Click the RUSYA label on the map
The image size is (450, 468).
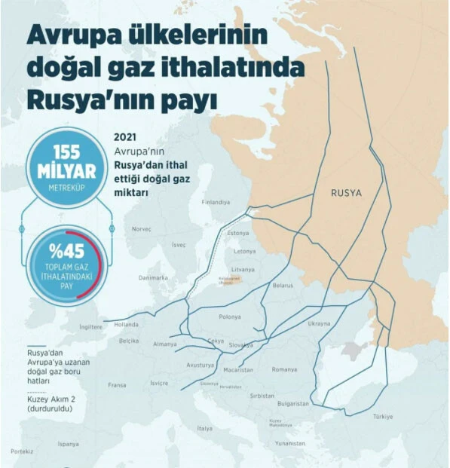coord(346,193)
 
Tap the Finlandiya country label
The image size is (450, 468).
coord(216,203)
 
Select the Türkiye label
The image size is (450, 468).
coord(382,417)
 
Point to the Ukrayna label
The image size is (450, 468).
coord(319,324)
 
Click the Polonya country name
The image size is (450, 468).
coord(230,317)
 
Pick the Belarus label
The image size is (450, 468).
coord(283,286)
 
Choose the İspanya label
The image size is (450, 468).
coord(68,444)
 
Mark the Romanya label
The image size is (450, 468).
coord(285,369)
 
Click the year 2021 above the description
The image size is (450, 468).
coord(124,138)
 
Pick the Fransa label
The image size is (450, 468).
coord(117,384)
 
